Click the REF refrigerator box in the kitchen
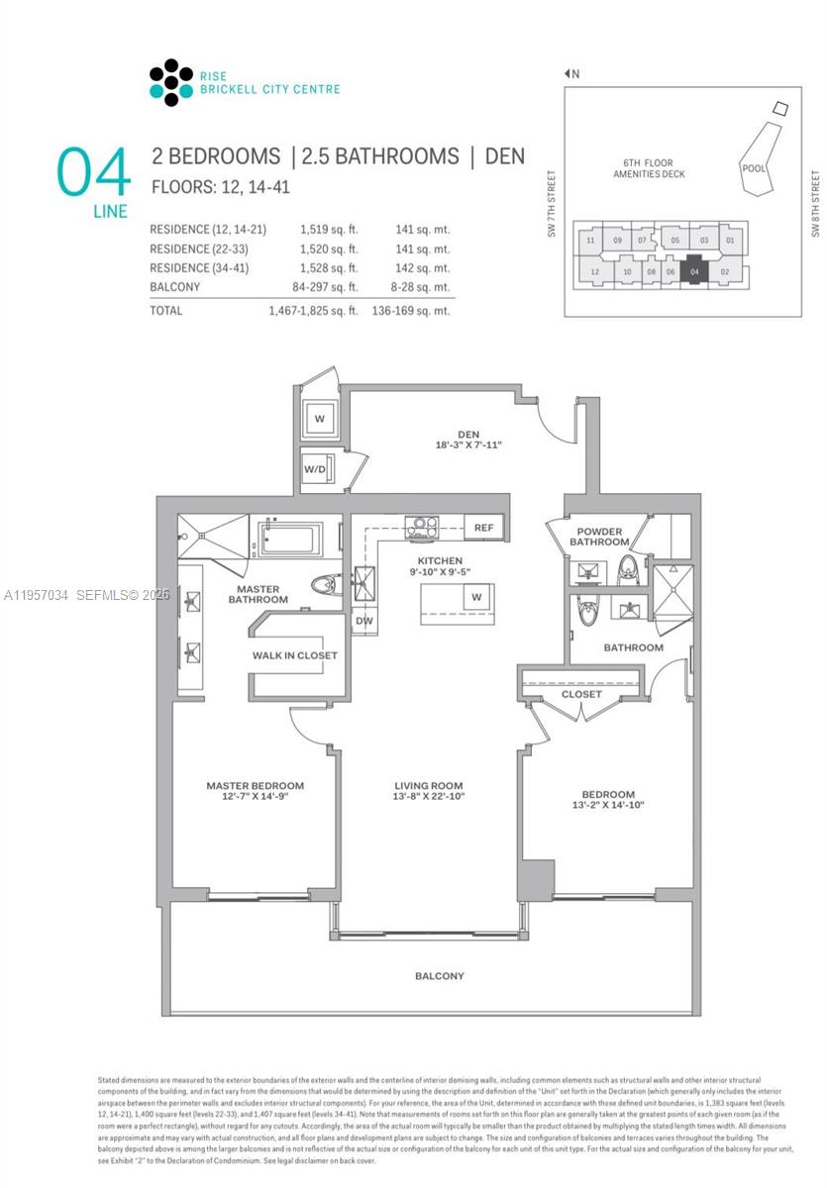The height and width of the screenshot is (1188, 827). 483,528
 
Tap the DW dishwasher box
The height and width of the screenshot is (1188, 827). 362,622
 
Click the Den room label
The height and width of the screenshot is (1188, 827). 469,431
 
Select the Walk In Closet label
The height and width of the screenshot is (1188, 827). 294,655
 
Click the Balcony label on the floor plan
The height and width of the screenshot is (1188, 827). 439,976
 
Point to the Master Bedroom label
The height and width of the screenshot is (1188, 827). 255,786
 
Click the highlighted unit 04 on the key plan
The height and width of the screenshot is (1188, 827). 694,271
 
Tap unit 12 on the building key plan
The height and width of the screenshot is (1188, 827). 594,271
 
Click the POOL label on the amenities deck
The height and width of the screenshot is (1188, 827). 753,168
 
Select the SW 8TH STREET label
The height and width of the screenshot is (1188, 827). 815,204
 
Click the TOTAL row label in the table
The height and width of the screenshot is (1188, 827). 166,310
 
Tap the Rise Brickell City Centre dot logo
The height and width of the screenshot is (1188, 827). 170,82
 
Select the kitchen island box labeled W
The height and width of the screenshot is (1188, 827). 475,597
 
